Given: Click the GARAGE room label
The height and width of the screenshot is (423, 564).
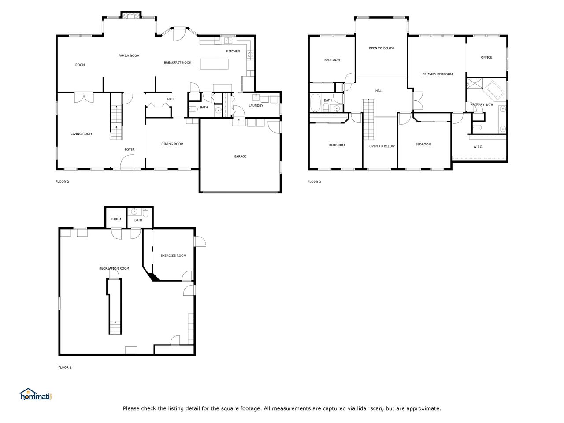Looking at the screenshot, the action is coord(240,156).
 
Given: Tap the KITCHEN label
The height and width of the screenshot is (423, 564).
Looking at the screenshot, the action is coord(233,52).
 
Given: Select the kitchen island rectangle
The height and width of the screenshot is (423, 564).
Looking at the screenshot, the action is coord(214,64).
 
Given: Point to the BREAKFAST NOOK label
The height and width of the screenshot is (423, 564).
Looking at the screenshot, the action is coord(178,63).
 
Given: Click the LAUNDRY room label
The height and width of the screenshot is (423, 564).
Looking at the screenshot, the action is coord(256,106).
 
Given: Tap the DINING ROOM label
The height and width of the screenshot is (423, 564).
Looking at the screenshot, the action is coord(172,144).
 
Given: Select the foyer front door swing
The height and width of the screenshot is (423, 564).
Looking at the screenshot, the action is coord(127,162).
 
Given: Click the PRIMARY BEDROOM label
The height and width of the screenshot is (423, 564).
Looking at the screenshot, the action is coord(438,74).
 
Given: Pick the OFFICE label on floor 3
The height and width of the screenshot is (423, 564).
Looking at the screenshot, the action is coord(486,58).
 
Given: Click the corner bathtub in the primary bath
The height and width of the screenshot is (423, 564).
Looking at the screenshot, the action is coord(495,90).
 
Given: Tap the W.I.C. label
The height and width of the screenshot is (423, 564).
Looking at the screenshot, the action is coord(478,147).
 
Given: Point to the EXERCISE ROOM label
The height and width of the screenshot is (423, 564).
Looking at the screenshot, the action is coord(173,256).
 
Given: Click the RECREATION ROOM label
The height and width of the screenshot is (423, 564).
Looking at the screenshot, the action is coord(114,268).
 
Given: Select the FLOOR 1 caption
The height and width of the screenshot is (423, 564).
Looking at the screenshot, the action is coord(65,367).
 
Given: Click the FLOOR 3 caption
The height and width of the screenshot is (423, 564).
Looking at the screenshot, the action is coord(314,182).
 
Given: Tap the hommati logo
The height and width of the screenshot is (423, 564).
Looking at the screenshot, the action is coord(35,394).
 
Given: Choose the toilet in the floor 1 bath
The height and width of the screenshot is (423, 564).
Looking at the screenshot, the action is coord(145,213).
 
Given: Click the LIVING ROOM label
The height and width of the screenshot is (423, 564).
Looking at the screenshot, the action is coord(81,134).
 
